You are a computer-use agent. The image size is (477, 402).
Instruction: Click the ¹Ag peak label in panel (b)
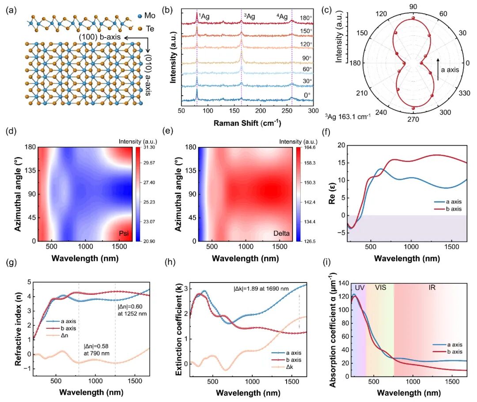click(x=204, y=16)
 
